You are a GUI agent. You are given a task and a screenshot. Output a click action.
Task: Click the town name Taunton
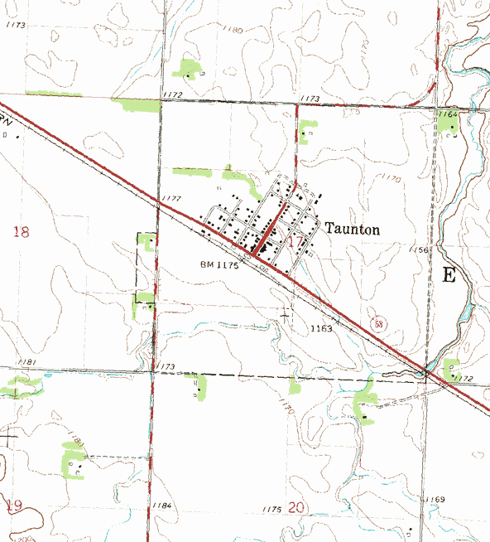pyautogui.click(x=352, y=230)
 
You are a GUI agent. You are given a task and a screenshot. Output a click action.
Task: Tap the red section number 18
pyautogui.click(x=21, y=232)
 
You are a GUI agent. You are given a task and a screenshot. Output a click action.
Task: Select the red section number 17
pyautogui.click(x=296, y=241)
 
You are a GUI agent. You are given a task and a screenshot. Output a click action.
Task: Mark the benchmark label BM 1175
pyautogui.click(x=219, y=265)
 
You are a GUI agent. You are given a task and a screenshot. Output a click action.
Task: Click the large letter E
pyautogui.click(x=449, y=276)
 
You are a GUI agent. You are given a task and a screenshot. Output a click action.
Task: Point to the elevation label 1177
pyautogui.click(x=171, y=199)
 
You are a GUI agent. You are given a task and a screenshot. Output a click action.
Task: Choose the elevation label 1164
pyautogui.click(x=448, y=113)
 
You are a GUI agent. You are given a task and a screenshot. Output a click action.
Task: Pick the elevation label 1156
pyautogui.click(x=420, y=249)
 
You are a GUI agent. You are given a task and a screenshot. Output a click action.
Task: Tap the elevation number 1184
pyautogui.click(x=162, y=506)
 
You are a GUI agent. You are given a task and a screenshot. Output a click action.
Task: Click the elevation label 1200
pyautogui.click(x=22, y=538)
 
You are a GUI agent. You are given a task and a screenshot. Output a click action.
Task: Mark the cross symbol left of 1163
pyautogui.click(x=286, y=315)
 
